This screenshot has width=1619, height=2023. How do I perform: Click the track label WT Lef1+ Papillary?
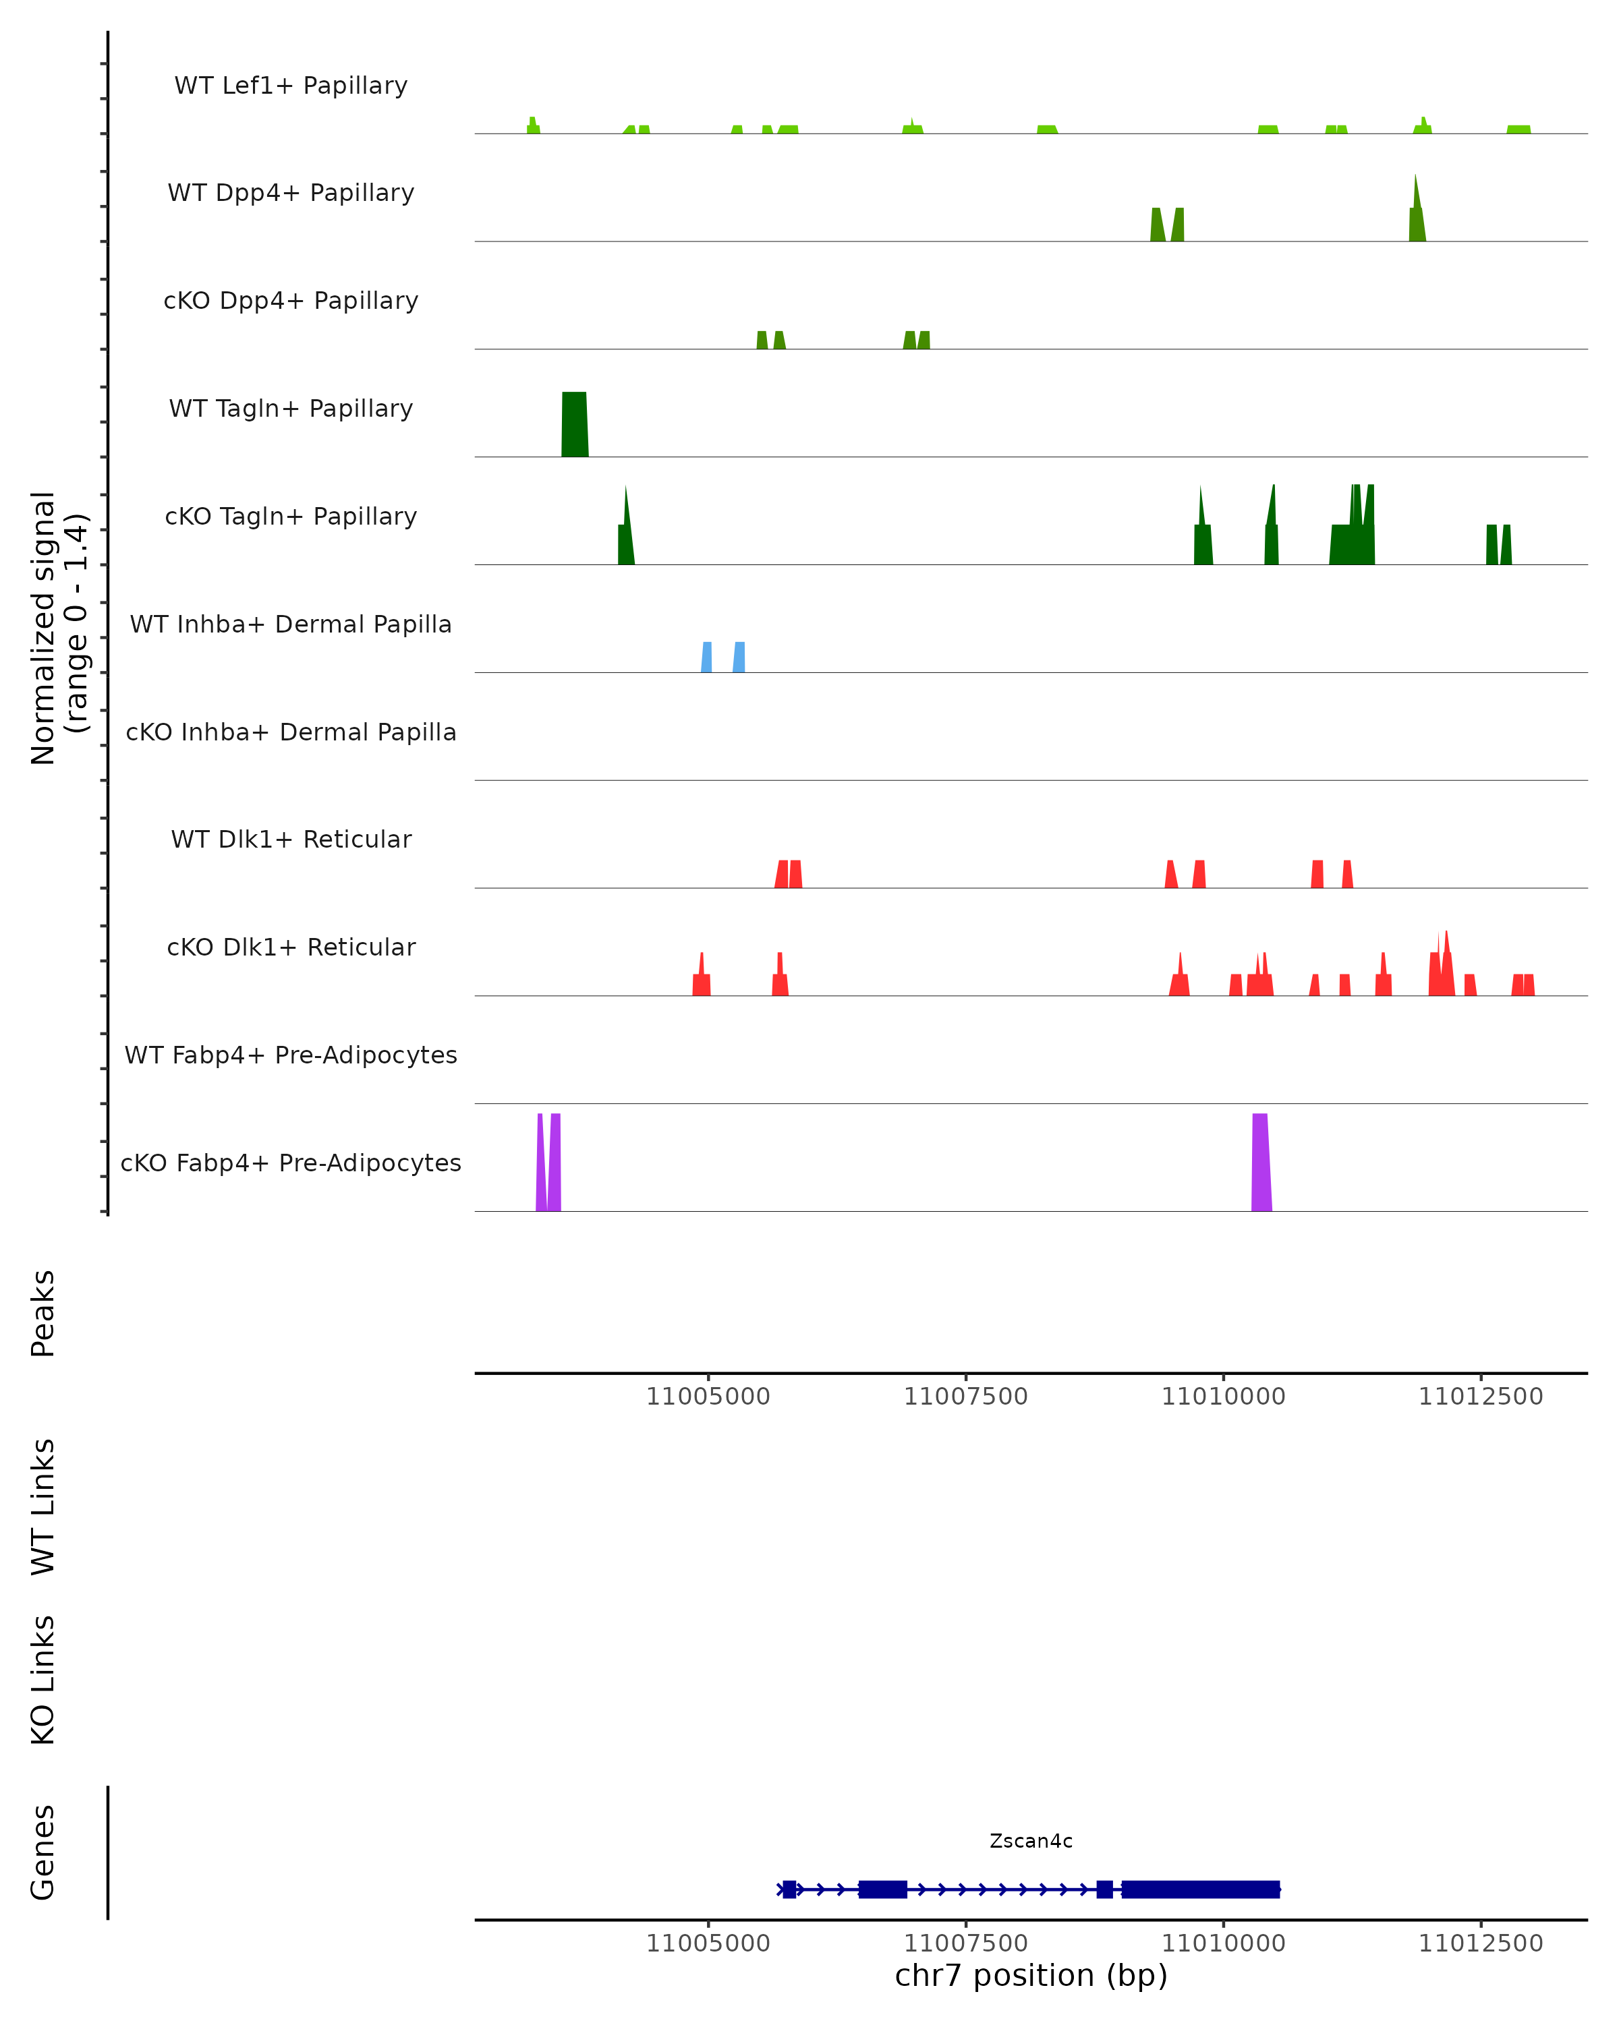291,86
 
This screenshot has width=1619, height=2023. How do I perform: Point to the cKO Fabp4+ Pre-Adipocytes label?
291,1163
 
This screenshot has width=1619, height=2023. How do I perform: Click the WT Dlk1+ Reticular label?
291,839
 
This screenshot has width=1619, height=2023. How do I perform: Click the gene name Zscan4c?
1031,1841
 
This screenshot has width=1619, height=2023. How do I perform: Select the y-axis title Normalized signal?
43,628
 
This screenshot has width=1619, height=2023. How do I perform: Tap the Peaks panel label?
43,1313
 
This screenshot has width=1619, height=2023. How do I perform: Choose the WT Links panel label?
43,1507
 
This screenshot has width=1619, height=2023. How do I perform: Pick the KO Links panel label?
43,1680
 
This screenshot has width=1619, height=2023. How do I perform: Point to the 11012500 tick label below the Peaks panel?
1480,1397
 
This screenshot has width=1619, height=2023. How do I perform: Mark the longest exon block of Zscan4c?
1200,1889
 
